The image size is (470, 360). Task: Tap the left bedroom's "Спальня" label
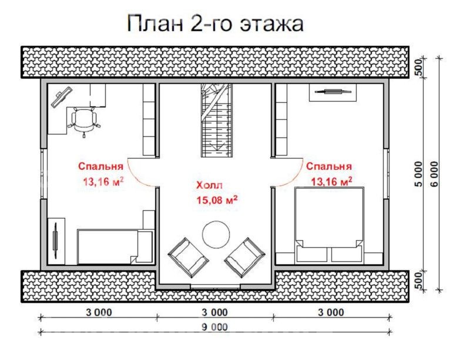(100, 166)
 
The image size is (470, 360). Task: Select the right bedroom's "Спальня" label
(329, 166)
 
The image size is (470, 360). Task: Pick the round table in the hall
(216, 235)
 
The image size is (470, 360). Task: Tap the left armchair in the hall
(188, 257)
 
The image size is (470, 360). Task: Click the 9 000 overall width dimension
(216, 327)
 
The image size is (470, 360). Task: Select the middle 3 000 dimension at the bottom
(216, 312)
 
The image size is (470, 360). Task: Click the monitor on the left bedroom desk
(61, 96)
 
